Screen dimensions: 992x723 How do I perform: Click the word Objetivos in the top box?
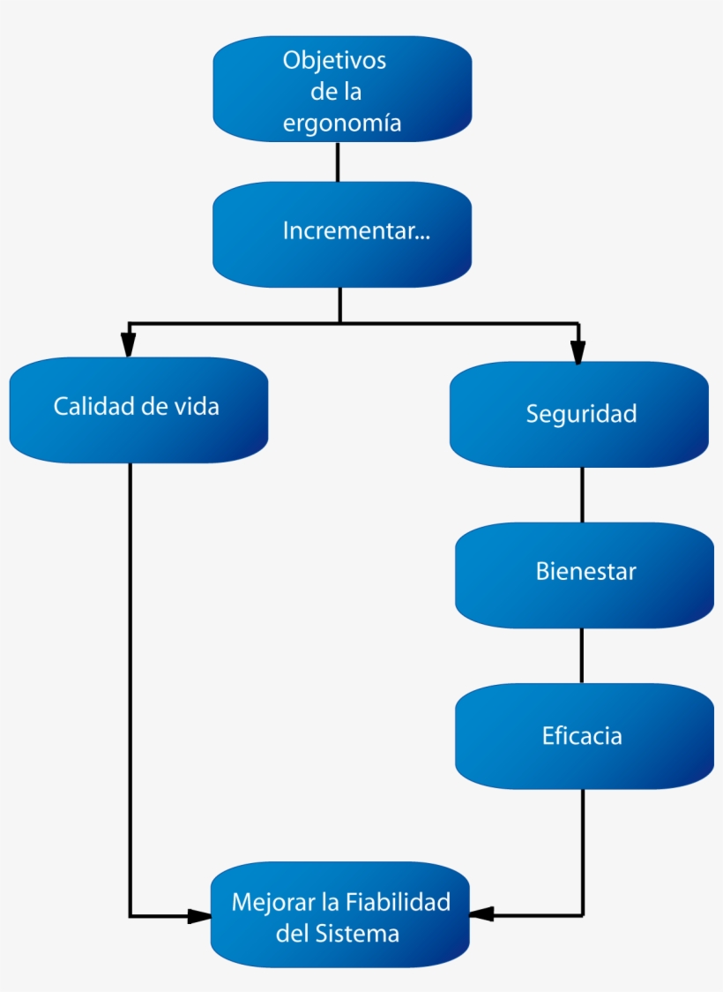(x=334, y=61)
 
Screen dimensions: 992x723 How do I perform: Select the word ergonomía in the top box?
(x=342, y=124)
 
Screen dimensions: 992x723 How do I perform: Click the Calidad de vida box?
(x=138, y=409)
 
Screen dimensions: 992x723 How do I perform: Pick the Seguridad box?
(x=579, y=414)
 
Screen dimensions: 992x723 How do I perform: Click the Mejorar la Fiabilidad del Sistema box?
(x=339, y=916)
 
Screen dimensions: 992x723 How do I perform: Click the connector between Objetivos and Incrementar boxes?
(x=338, y=162)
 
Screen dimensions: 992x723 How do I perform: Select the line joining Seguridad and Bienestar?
(x=581, y=494)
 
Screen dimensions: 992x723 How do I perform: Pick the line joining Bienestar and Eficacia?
(x=581, y=655)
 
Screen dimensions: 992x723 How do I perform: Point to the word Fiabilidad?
(x=398, y=902)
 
